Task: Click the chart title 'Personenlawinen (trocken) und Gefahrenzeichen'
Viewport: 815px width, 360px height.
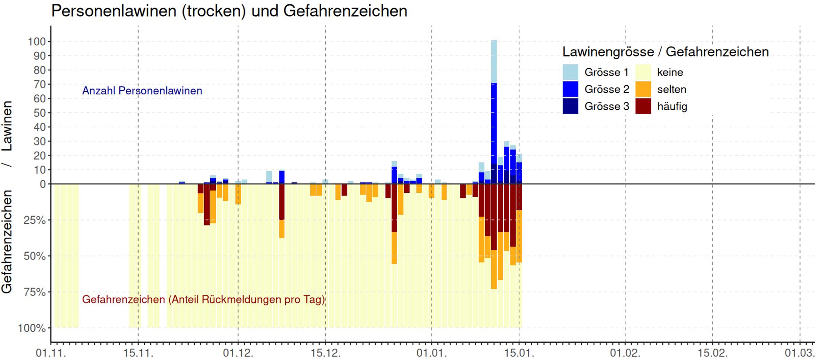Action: point(229,10)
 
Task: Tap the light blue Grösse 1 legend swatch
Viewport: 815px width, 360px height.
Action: point(570,72)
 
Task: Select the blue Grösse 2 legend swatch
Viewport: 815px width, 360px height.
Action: point(570,89)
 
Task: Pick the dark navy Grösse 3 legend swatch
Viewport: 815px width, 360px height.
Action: point(570,106)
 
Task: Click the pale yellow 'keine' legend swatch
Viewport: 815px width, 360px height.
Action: point(643,72)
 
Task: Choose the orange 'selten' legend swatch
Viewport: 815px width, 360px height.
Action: point(643,89)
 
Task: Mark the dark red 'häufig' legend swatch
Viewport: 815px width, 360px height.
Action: point(643,106)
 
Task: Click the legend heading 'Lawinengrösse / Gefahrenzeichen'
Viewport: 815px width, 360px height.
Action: point(665,52)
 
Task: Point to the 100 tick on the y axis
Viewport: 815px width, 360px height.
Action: point(37,42)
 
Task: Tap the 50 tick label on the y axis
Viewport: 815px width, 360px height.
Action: point(40,113)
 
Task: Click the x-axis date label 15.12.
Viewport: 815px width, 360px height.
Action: point(325,353)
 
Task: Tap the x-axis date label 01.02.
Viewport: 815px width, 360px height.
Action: point(625,353)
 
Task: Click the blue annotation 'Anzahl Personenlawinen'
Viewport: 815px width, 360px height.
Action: point(142,91)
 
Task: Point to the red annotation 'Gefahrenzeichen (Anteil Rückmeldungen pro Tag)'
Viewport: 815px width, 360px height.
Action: point(203,299)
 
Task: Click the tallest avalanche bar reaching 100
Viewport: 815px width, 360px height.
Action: point(494,109)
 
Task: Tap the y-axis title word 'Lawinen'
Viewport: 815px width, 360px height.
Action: point(7,126)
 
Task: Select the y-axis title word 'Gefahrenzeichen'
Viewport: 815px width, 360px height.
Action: point(7,242)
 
